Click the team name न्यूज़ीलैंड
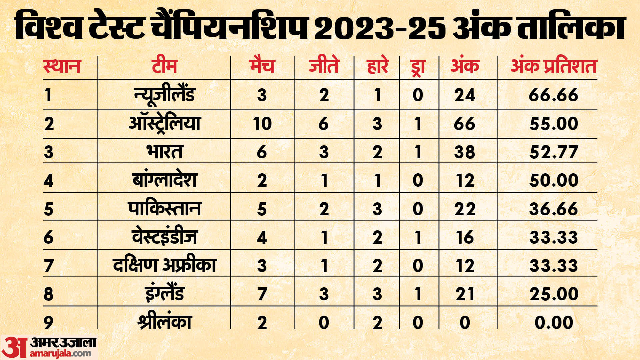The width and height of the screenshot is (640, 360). (x=164, y=95)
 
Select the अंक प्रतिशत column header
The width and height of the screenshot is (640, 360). (x=553, y=66)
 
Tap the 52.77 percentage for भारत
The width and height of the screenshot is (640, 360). (x=553, y=152)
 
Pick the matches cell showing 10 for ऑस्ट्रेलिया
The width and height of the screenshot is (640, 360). (x=262, y=124)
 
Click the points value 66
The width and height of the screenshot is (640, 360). (x=464, y=124)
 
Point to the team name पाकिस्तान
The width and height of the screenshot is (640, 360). (x=164, y=209)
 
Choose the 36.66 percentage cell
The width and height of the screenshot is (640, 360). (x=553, y=209)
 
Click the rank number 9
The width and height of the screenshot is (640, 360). (x=49, y=322)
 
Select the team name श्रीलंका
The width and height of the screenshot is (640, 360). (x=164, y=322)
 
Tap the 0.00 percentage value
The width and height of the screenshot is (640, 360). (x=553, y=322)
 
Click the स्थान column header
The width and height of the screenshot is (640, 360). (x=62, y=66)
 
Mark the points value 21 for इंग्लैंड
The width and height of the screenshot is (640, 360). (x=464, y=294)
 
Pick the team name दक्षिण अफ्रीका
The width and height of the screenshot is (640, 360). (x=164, y=265)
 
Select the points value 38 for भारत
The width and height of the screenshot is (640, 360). (x=464, y=152)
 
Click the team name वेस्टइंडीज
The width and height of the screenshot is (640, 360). (x=164, y=237)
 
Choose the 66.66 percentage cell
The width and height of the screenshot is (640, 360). (x=553, y=95)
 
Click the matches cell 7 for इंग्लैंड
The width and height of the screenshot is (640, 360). (x=262, y=294)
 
